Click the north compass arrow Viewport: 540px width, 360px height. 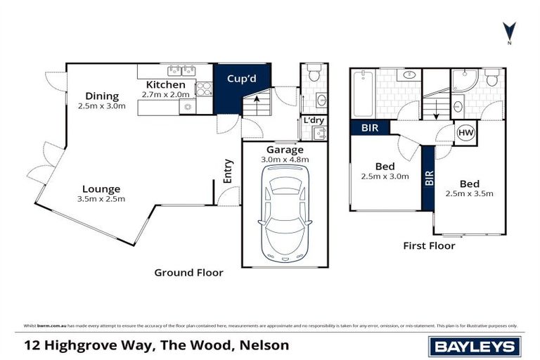tap(509, 31)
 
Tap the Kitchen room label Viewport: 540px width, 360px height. tap(166, 85)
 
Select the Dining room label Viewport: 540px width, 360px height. tap(101, 96)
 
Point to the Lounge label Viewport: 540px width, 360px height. tap(101, 188)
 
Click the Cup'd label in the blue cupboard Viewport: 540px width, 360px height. tap(240, 79)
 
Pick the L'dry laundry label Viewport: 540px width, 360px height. tap(314, 121)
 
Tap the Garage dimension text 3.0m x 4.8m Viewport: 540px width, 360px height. tap(285, 160)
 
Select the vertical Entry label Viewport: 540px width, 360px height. tap(228, 172)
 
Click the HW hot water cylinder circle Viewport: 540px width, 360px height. tap(465, 132)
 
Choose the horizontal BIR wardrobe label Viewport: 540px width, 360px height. tap(369, 128)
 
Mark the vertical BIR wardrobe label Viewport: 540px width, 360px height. tap(427, 177)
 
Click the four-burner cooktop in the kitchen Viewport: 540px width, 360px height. tap(203, 89)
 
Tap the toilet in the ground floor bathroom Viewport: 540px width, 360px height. tap(314, 72)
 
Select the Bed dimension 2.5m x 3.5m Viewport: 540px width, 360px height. tap(469, 193)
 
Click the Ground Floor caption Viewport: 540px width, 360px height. tap(188, 273)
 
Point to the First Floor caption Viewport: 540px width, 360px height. tap(429, 246)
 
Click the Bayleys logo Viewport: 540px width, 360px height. tap(475, 346)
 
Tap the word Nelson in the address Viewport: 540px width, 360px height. tap(264, 346)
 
